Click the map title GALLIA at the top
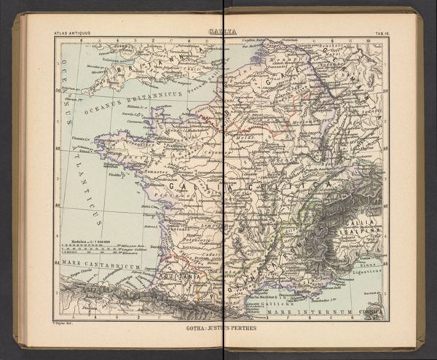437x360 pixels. point(221,31)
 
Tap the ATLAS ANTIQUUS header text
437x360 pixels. point(70,34)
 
